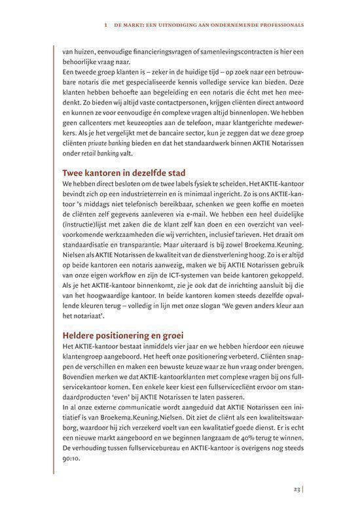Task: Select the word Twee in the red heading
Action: pos(73,173)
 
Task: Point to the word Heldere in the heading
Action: pos(79,334)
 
